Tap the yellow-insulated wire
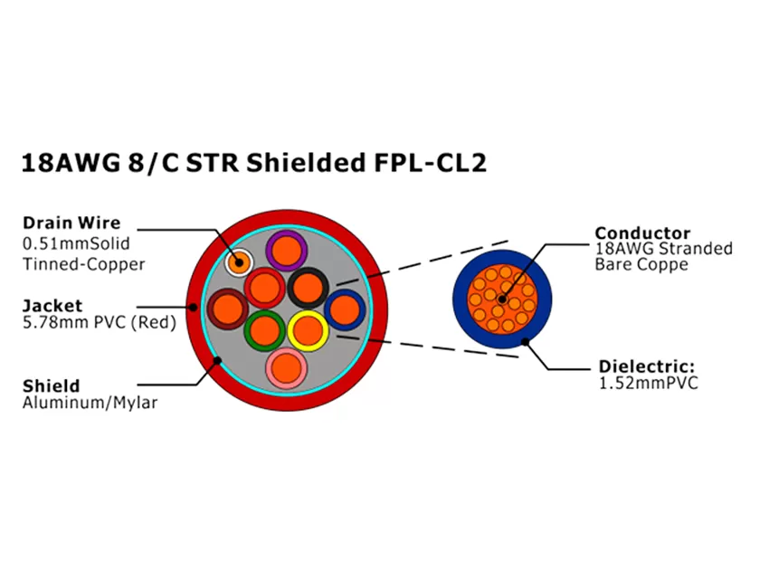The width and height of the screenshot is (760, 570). [x=309, y=329]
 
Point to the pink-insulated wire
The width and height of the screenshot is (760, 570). [x=285, y=366]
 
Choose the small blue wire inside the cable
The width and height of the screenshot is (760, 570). [x=344, y=310]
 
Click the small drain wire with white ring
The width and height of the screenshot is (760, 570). [x=239, y=262]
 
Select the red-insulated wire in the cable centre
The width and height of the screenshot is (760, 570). [x=265, y=288]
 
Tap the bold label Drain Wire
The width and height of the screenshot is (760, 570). [x=71, y=223]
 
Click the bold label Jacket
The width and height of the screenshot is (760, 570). [x=52, y=306]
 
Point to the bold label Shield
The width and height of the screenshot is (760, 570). [x=51, y=386]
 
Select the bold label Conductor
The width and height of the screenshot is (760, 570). [x=642, y=233]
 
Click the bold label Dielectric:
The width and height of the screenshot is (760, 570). [x=647, y=366]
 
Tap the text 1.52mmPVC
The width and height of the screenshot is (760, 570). [x=649, y=383]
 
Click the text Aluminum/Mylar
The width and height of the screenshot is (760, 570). [x=90, y=403]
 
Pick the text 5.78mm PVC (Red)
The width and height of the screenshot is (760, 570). [x=99, y=322]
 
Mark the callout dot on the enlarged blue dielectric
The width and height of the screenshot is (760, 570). [x=525, y=341]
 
